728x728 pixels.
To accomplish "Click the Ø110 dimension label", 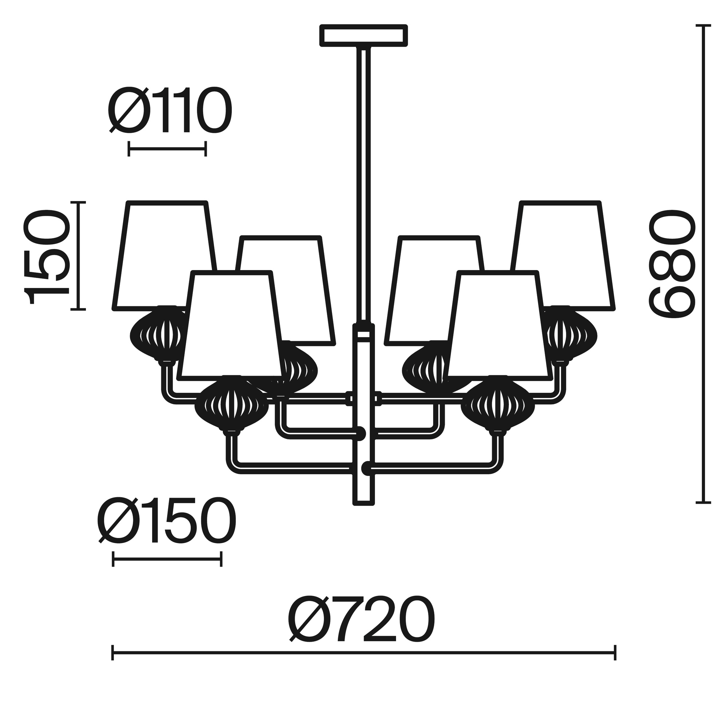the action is click(170, 110).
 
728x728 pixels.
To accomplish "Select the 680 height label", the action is click(671, 264).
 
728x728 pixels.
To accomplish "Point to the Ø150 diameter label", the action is click(167, 520).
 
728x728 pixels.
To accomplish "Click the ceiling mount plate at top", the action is click(364, 35).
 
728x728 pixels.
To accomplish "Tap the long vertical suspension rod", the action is click(364, 185).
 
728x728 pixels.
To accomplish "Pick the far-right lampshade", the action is click(562, 256).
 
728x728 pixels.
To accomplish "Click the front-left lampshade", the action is click(231, 324).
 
